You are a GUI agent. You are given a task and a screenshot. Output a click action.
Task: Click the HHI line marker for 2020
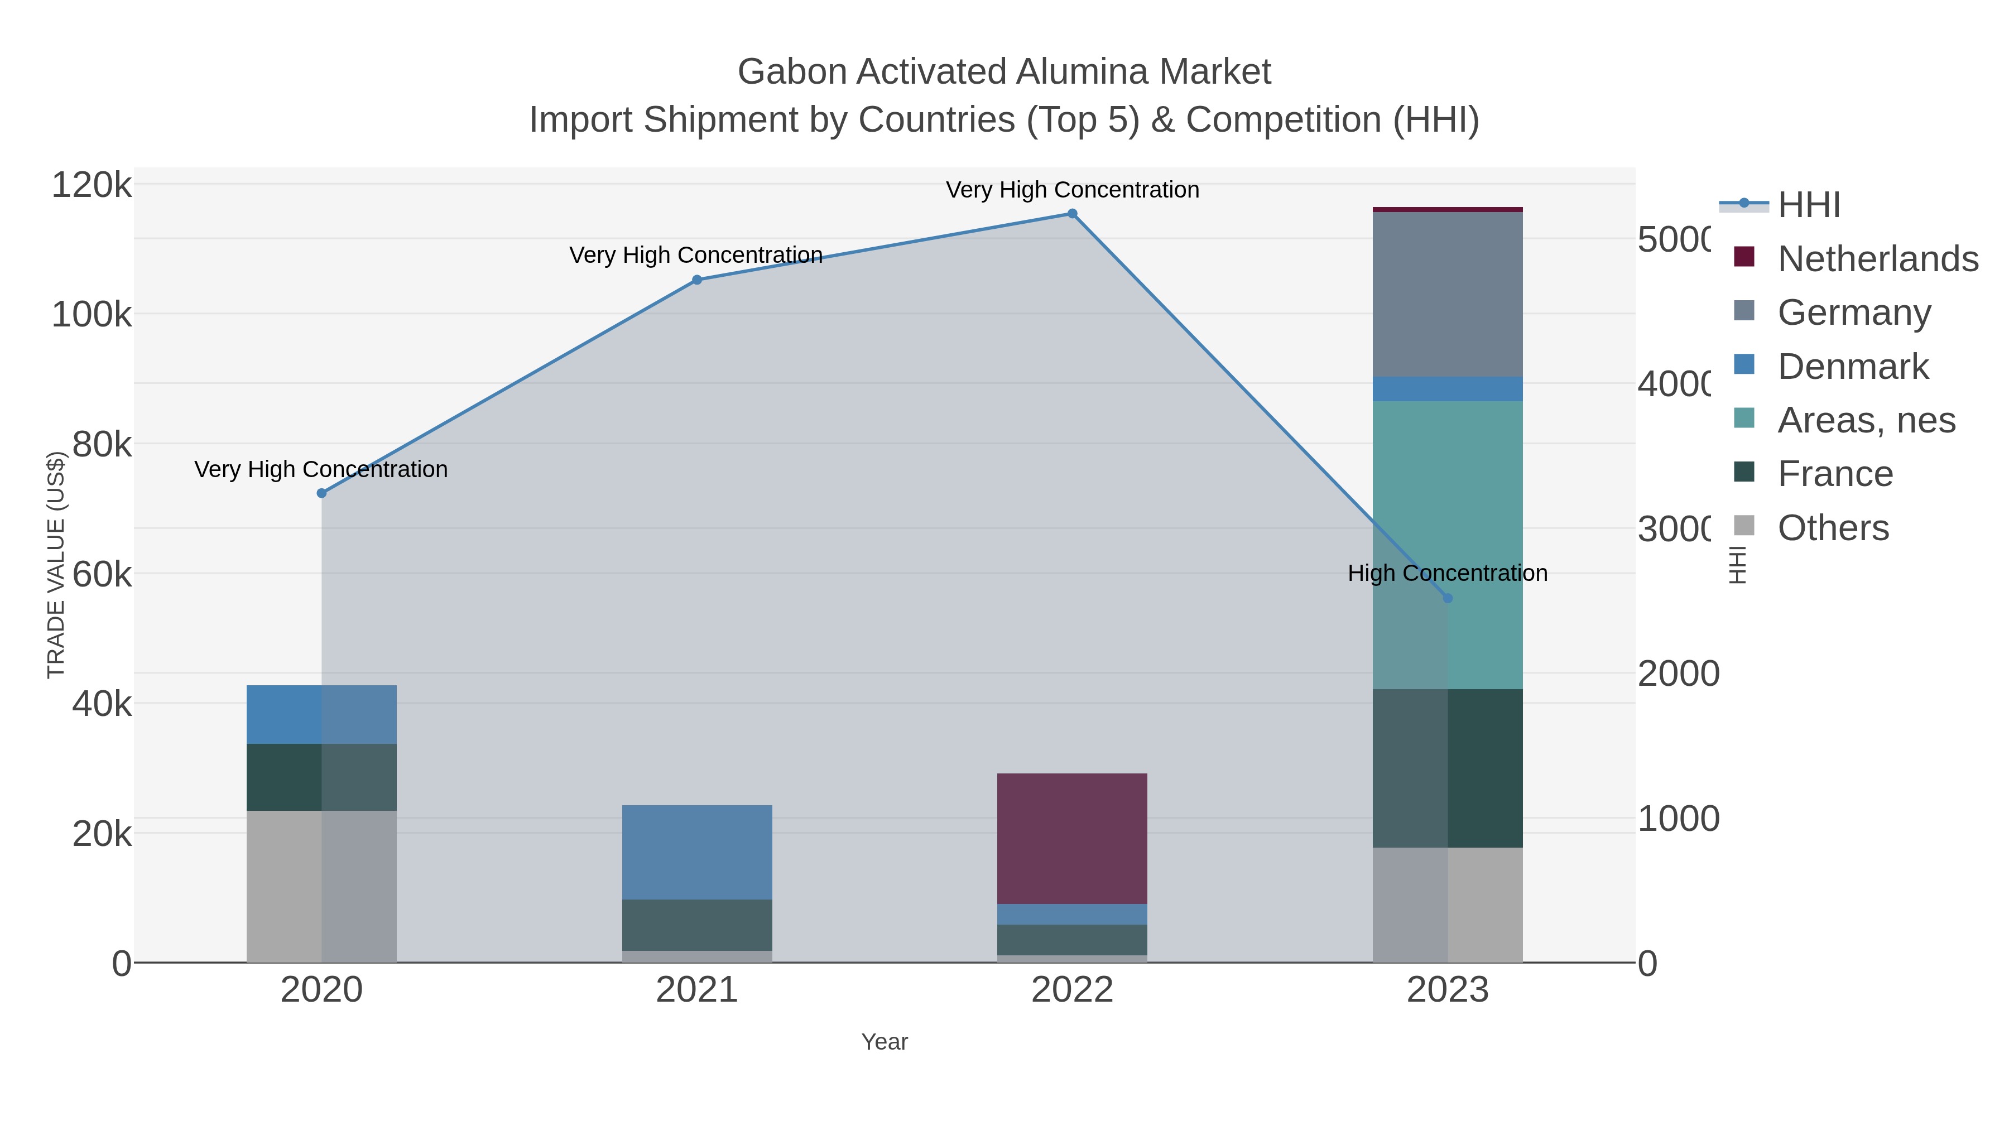pos(321,493)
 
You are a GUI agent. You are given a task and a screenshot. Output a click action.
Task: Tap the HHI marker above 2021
pos(697,280)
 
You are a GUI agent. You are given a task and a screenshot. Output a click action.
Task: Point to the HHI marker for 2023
pos(1448,598)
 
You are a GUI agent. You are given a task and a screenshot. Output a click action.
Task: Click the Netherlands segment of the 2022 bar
pos(1073,838)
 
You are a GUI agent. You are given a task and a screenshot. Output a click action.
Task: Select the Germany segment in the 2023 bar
pos(1448,294)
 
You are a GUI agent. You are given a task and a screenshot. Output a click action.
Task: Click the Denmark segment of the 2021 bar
pos(697,852)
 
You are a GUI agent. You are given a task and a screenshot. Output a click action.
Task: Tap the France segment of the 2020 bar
pos(321,777)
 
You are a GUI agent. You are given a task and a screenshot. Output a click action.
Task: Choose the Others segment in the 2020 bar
pos(321,886)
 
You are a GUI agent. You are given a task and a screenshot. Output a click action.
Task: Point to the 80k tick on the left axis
pos(102,445)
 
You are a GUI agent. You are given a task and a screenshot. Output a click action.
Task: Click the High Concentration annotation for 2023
pos(1448,573)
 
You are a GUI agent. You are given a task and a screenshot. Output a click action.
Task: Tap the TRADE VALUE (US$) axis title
pos(56,565)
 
